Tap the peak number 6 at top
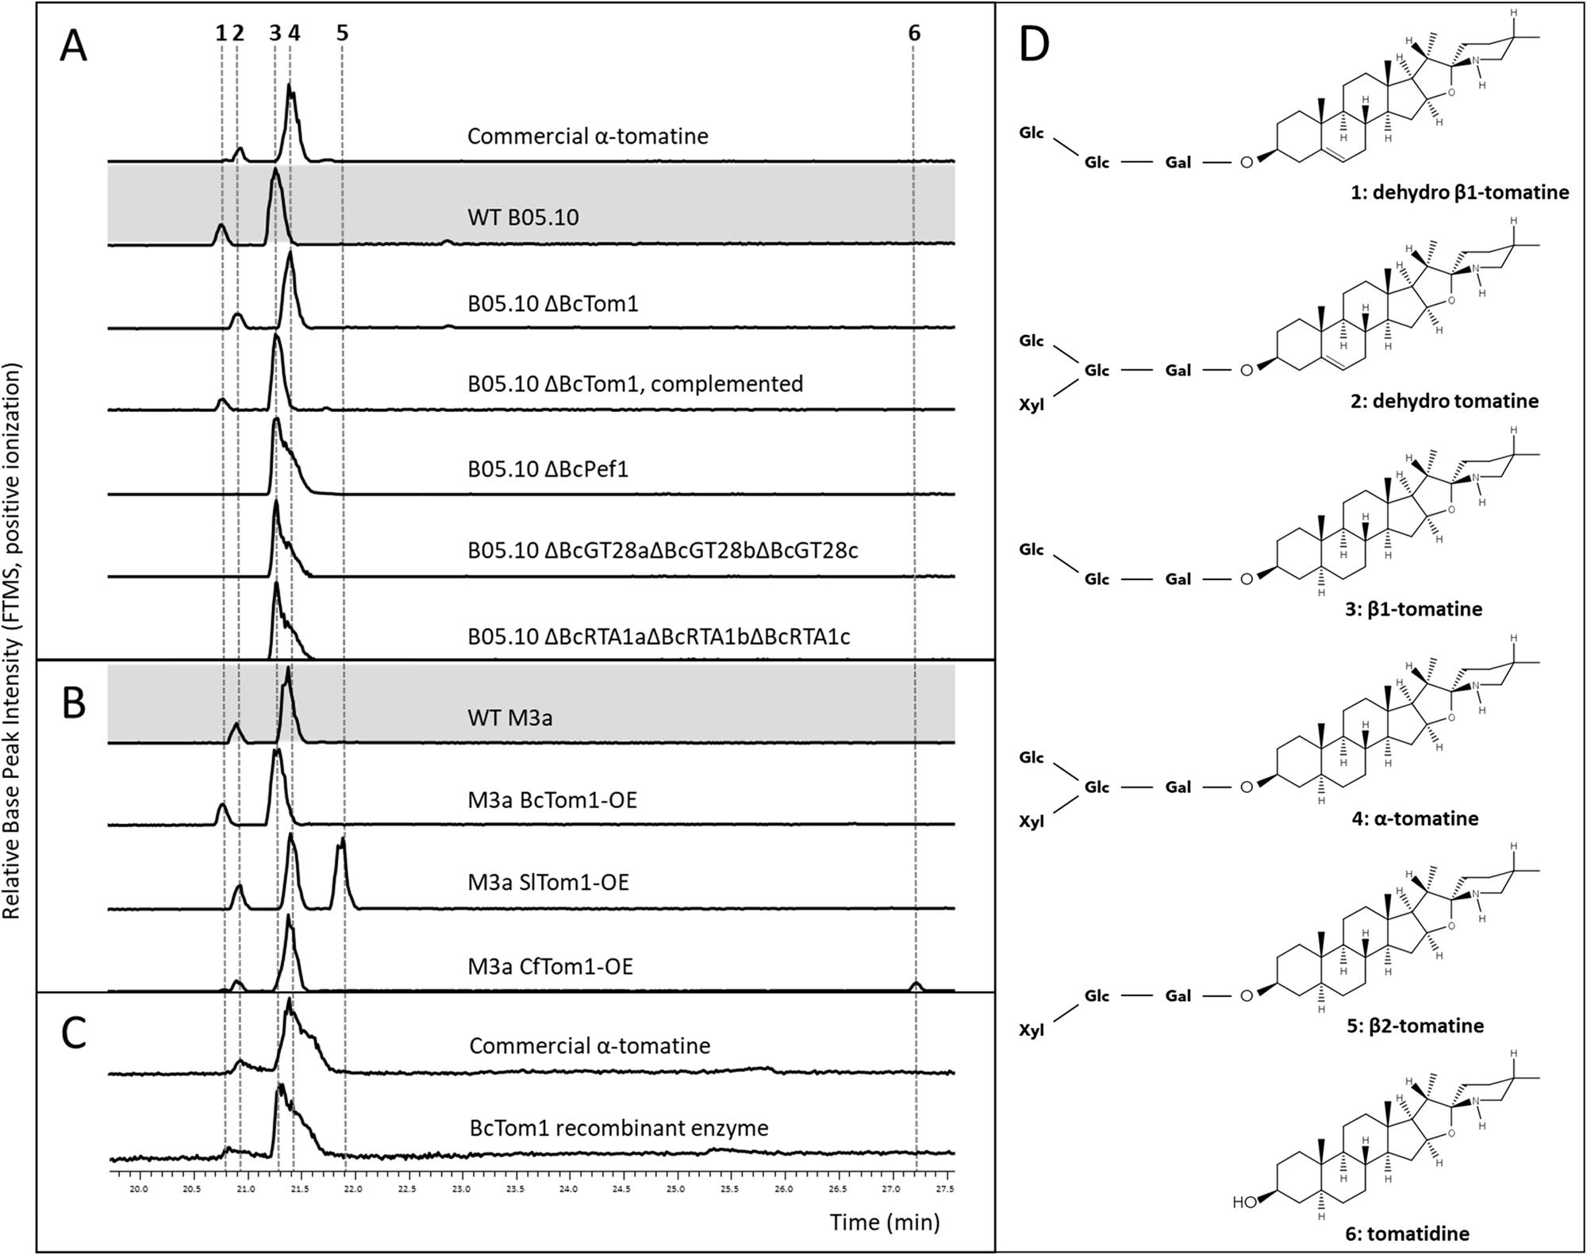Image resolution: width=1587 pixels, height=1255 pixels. (x=914, y=33)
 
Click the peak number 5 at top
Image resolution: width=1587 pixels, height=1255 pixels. (x=342, y=33)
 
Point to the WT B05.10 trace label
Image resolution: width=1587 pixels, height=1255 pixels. (x=523, y=217)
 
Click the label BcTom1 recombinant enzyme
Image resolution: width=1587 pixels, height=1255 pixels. (x=619, y=1127)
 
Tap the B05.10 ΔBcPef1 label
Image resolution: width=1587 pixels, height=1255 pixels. (x=548, y=468)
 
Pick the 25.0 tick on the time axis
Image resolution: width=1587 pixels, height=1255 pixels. (x=676, y=1188)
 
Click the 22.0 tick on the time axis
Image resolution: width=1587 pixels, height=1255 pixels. (x=354, y=1188)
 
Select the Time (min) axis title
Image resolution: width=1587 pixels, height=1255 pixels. (x=885, y=1222)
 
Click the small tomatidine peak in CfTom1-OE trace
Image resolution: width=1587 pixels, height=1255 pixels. (x=916, y=986)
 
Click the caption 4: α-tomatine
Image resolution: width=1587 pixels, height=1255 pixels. (x=1415, y=818)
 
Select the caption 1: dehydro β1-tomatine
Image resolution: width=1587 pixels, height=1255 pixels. (x=1459, y=192)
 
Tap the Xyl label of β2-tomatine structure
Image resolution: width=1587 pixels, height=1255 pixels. (x=1032, y=1030)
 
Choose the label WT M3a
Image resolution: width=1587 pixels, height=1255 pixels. (x=509, y=718)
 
